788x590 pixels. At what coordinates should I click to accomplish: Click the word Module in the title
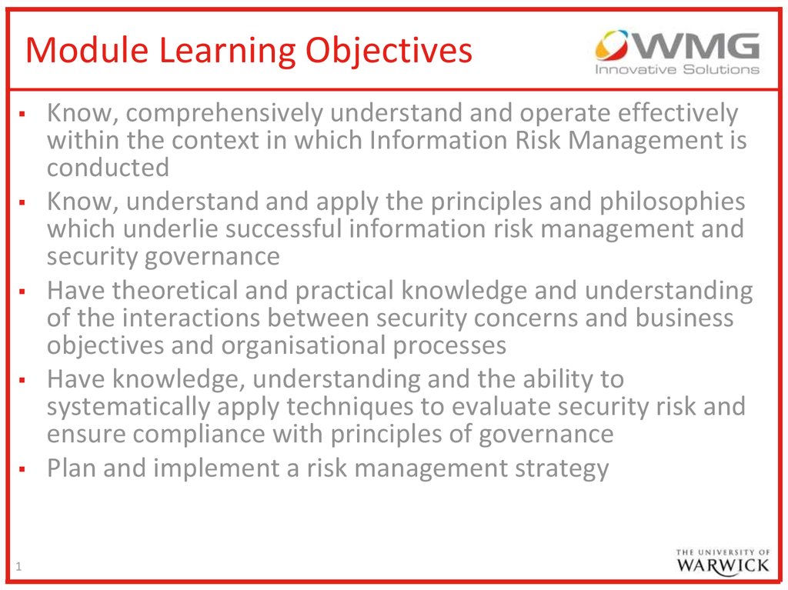pyautogui.click(x=87, y=50)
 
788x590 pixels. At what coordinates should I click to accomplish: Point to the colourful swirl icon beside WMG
pyautogui.click(x=612, y=45)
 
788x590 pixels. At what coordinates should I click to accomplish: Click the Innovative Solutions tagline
pyautogui.click(x=677, y=69)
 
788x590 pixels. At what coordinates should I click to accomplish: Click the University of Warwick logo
pyautogui.click(x=723, y=562)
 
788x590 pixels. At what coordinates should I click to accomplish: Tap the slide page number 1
pyautogui.click(x=18, y=567)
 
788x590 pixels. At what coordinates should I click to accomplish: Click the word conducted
pyautogui.click(x=108, y=168)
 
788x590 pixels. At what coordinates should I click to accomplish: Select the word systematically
pyautogui.click(x=129, y=408)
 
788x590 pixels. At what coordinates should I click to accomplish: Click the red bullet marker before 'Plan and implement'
pyautogui.click(x=22, y=469)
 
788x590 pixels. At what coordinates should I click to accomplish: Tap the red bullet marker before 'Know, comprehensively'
pyautogui.click(x=22, y=114)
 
